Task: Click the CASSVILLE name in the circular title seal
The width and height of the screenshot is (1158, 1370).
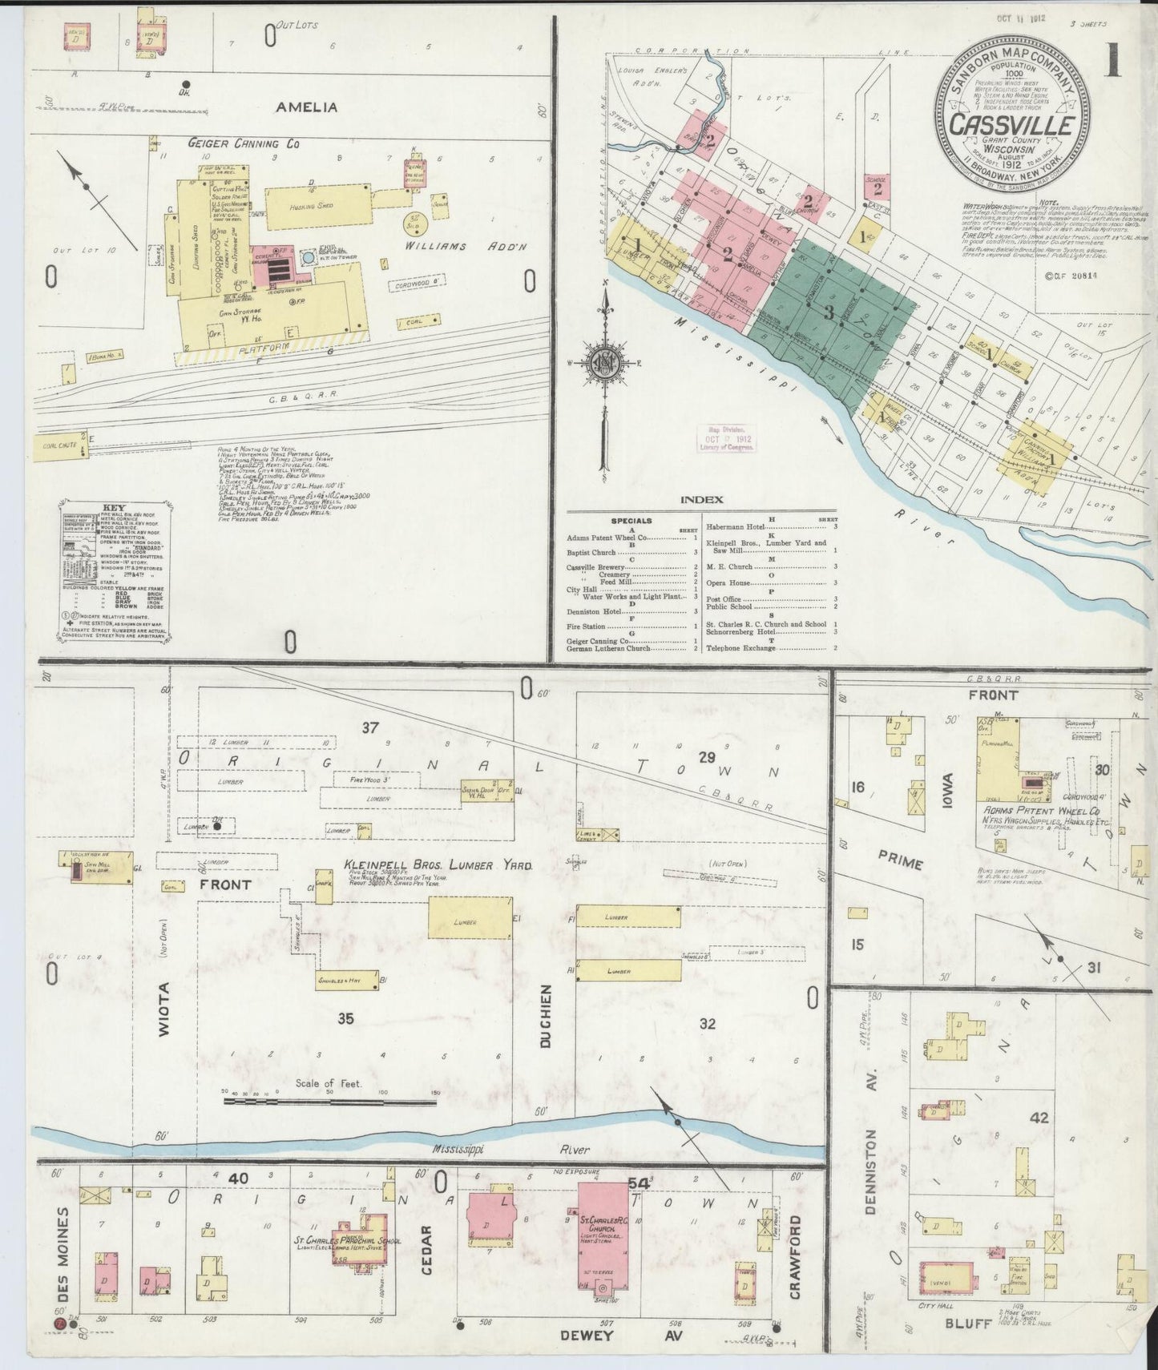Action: pos(1012,127)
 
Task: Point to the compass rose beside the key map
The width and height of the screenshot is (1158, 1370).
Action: pos(603,362)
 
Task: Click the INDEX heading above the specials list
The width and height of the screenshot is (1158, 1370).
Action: pos(701,500)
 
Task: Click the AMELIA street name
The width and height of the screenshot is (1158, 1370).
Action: pos(307,107)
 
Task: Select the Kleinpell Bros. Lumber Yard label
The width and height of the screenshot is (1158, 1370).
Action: pos(438,866)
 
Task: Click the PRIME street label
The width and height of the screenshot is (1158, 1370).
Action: pos(900,864)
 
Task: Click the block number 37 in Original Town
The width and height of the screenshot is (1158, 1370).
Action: pos(369,727)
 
